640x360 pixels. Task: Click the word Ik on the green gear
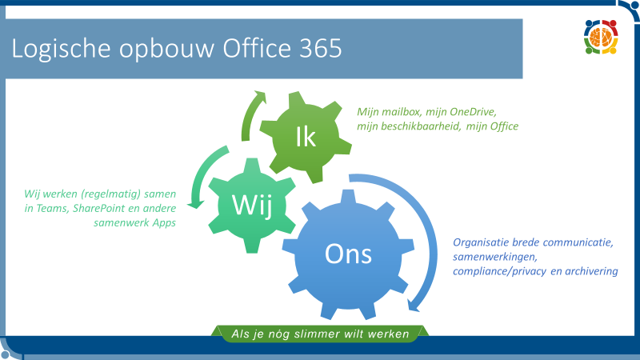tap(306, 137)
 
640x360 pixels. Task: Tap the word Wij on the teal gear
tap(252, 205)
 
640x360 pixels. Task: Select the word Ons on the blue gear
tap(348, 254)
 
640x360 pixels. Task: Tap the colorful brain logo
tap(601, 37)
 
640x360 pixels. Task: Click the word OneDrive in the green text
tap(473, 112)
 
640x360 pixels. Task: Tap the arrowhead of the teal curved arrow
tap(195, 204)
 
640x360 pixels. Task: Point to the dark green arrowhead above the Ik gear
tap(259, 97)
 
